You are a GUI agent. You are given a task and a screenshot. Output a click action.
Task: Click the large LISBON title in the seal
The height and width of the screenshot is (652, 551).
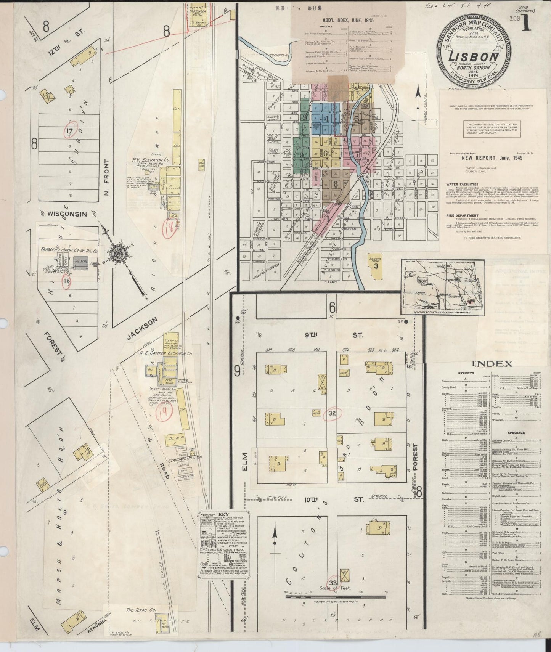click(x=474, y=56)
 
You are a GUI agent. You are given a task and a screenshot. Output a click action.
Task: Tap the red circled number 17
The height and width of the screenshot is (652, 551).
click(x=70, y=131)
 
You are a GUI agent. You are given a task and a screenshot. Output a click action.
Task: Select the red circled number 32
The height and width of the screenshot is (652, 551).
click(x=331, y=413)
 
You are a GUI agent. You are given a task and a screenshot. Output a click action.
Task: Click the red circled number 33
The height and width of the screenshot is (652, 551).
click(x=333, y=583)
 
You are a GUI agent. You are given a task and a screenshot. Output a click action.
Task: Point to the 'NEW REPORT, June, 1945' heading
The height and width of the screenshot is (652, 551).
click(x=492, y=157)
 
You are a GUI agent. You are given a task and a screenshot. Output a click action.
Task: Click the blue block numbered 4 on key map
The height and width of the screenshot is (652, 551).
click(x=326, y=118)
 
